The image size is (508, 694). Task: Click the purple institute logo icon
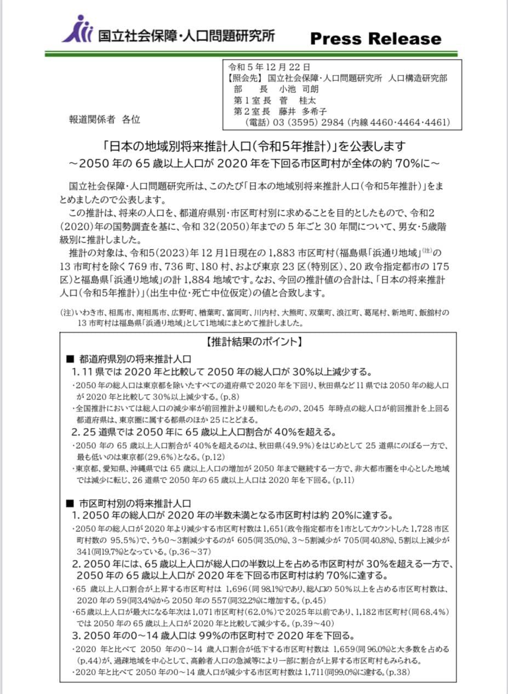(77, 30)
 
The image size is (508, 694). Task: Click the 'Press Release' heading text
(375, 39)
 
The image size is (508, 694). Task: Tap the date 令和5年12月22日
(269, 67)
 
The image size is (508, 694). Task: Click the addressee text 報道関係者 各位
(104, 119)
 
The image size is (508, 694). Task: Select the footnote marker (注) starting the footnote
(67, 313)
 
